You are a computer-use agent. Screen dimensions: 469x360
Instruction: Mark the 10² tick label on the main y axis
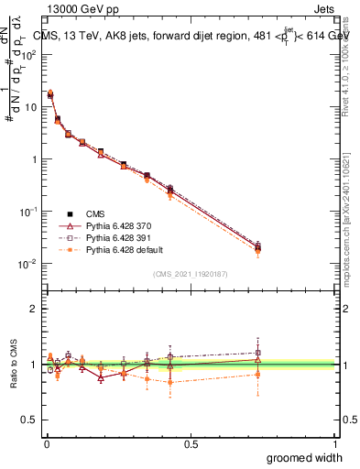[x=29, y=54]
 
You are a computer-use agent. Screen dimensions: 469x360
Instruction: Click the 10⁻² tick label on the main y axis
[x=29, y=264]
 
